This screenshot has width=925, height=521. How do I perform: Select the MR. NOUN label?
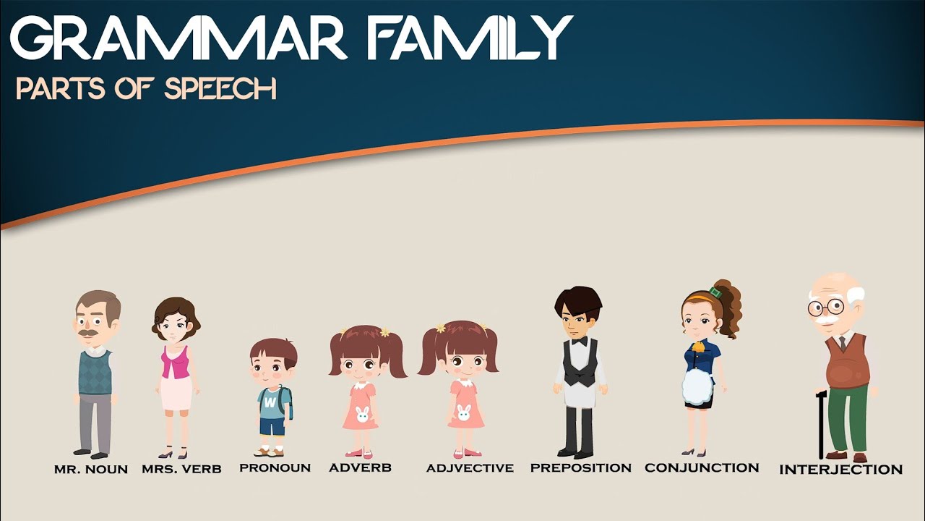click(x=91, y=470)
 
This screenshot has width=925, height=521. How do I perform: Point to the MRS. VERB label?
click(x=181, y=469)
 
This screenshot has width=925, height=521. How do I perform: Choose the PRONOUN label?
click(x=275, y=467)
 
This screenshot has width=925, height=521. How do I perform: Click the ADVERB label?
click(x=360, y=467)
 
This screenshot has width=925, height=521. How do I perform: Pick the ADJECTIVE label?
click(x=470, y=468)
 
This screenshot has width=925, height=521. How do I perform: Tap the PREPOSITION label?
click(x=580, y=467)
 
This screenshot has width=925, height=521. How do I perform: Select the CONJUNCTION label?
click(x=702, y=467)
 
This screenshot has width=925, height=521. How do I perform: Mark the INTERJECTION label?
click(x=840, y=470)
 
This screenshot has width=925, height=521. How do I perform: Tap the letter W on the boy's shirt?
click(x=270, y=400)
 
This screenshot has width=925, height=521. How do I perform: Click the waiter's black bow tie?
click(x=579, y=341)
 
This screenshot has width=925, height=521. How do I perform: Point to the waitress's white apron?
click(x=697, y=386)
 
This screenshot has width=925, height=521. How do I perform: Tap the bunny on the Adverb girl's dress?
click(x=362, y=415)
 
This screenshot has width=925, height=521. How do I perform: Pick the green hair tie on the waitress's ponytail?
click(x=715, y=293)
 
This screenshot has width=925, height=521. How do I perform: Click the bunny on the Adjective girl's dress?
click(x=463, y=413)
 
